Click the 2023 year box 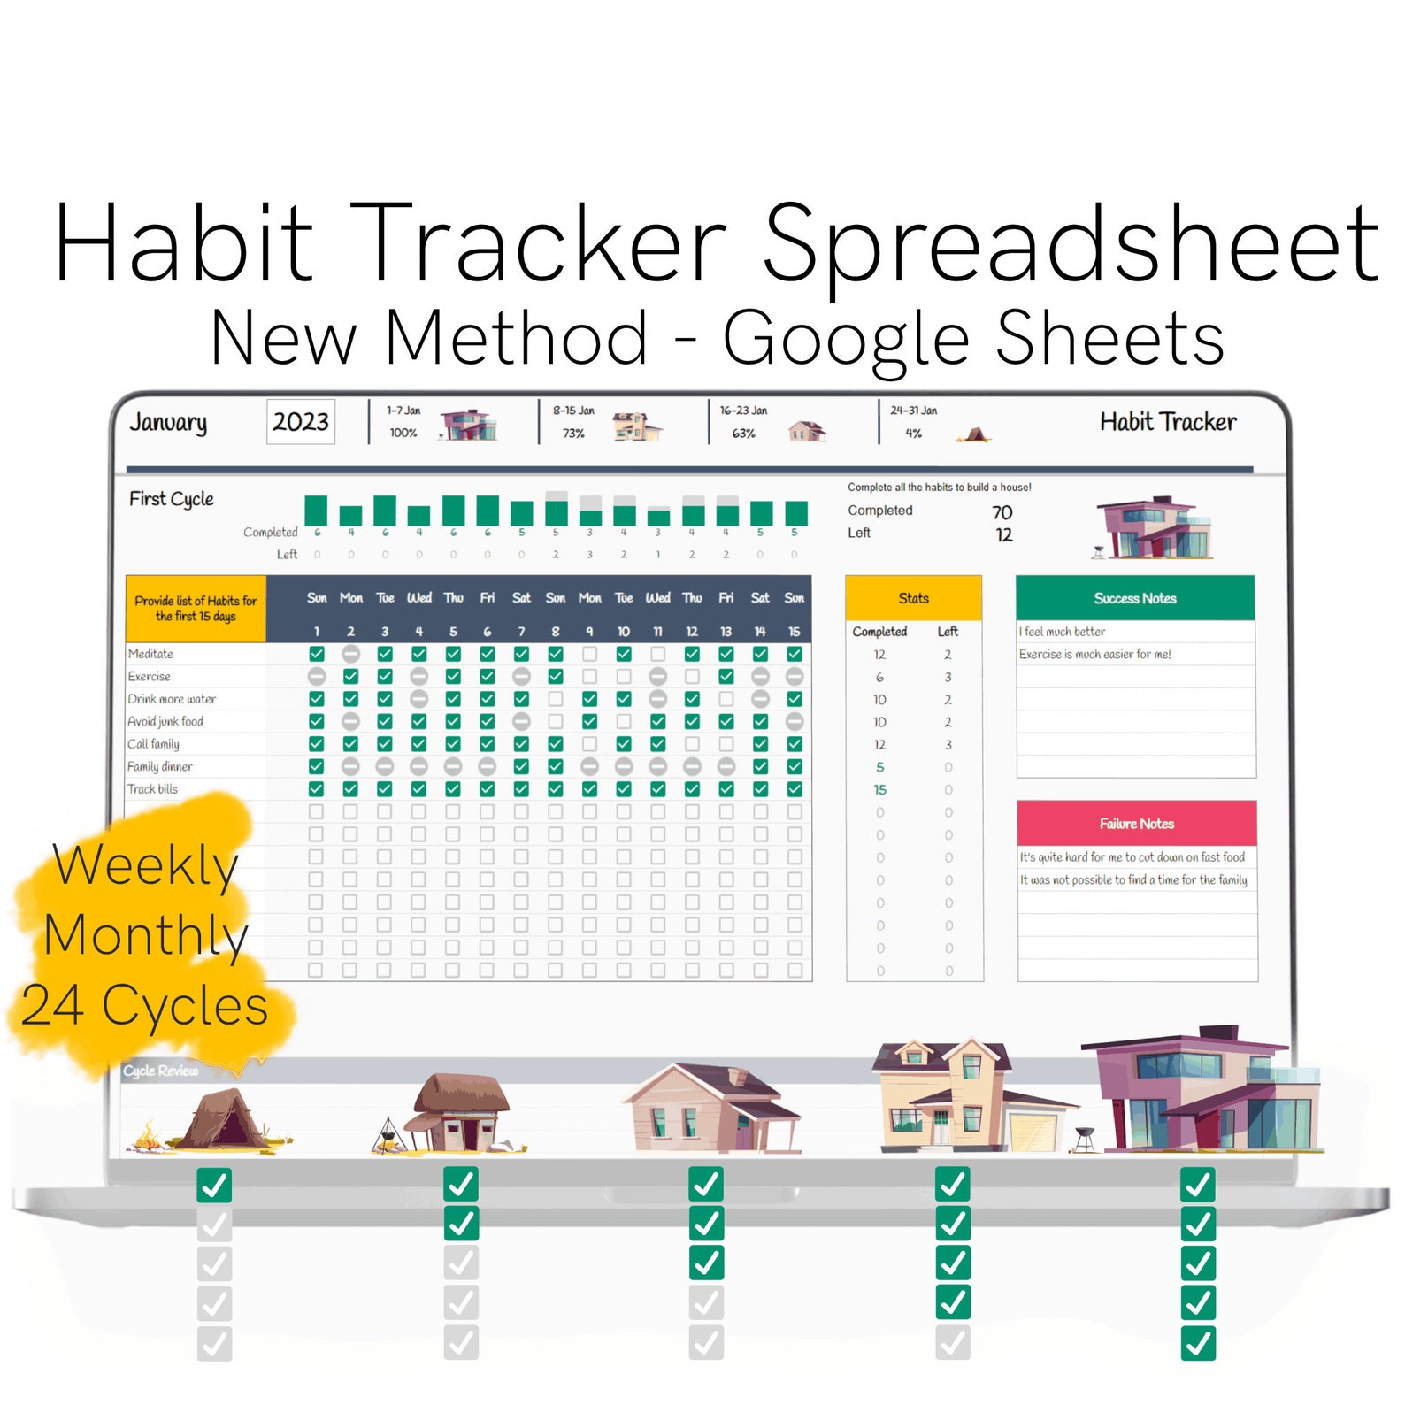(x=300, y=422)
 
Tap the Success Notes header (x=1135, y=598)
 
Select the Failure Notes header (x=1137, y=824)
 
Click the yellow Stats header (x=913, y=598)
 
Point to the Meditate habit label (x=150, y=654)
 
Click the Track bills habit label (x=152, y=789)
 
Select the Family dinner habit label (x=159, y=766)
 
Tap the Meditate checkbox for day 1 (x=317, y=654)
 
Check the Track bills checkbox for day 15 (x=795, y=789)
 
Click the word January (x=168, y=423)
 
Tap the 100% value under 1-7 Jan (x=403, y=434)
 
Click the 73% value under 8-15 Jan (x=573, y=434)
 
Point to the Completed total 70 (x=1002, y=512)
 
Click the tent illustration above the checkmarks (x=221, y=1120)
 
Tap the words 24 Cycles (x=145, y=1006)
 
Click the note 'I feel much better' (x=1063, y=632)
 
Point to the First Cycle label (x=172, y=499)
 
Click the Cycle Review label (x=161, y=1071)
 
